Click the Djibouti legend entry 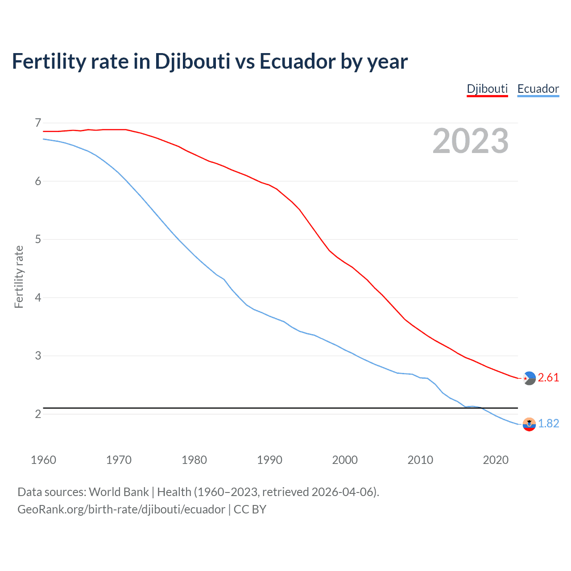coord(487,89)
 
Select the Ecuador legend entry coord(538,89)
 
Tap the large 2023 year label coord(471,141)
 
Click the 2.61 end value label coord(548,378)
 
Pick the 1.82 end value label coord(548,423)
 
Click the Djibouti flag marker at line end coord(529,378)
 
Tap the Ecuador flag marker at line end coord(529,424)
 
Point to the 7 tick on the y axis coord(38,123)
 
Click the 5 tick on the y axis coord(38,239)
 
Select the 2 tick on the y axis coord(38,414)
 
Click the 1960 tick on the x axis coord(43,460)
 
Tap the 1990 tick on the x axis coord(269,460)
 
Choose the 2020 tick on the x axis coord(496,460)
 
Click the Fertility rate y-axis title coord(19,277)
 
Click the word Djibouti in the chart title coord(192,62)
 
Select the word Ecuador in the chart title coord(298,62)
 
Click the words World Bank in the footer coord(119,492)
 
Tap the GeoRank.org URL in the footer coord(121,509)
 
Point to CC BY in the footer coord(250,509)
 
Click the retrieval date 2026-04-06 coord(342,492)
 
